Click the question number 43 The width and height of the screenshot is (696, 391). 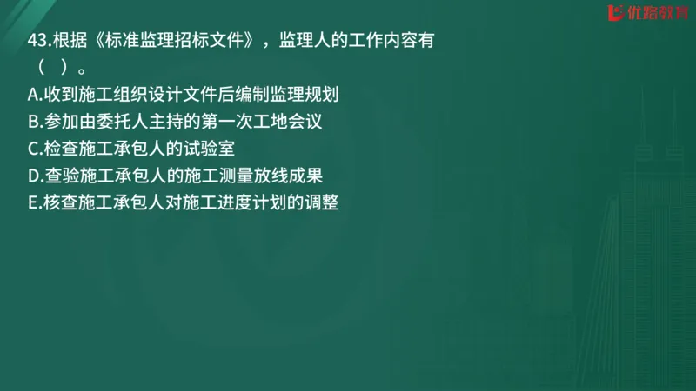click(x=38, y=43)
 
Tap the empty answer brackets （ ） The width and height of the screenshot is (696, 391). click(x=51, y=67)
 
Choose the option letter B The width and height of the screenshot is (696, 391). click(x=34, y=120)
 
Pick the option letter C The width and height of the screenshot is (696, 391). click(x=34, y=148)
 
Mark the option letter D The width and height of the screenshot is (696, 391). click(x=34, y=176)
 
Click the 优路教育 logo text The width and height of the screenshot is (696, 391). click(x=655, y=13)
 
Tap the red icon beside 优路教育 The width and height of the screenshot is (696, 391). click(x=617, y=13)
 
